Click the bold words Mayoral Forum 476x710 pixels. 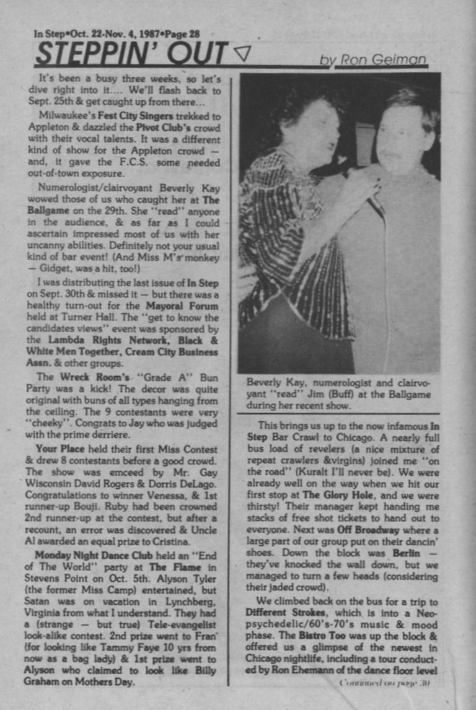click(x=182, y=306)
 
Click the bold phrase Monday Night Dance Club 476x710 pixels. click(x=93, y=555)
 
